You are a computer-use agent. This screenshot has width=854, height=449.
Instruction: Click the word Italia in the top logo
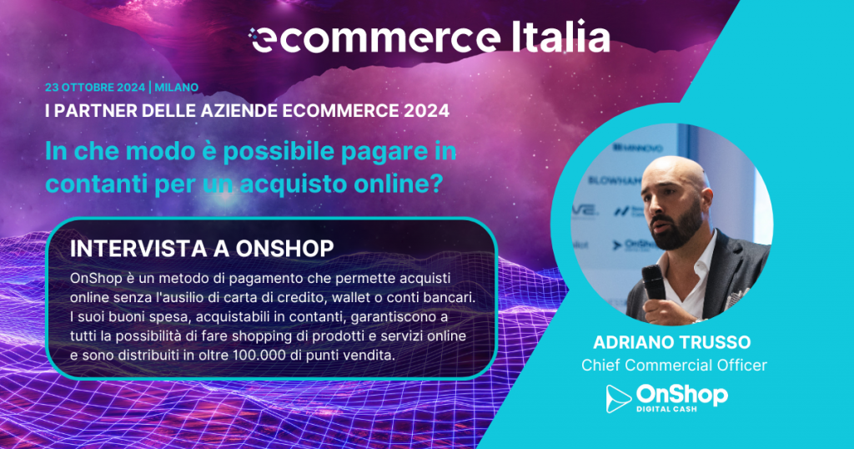point(560,37)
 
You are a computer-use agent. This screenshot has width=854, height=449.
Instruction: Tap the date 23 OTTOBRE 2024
point(95,87)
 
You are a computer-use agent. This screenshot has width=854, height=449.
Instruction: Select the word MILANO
point(177,87)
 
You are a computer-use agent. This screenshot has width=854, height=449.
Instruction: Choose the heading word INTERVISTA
point(138,249)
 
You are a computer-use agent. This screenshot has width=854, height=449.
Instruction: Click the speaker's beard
point(676,229)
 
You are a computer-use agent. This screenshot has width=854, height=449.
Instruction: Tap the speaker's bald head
point(674,169)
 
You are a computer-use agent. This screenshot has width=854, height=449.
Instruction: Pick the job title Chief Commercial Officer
point(674,365)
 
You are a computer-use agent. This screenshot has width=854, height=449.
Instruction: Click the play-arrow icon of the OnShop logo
point(618,398)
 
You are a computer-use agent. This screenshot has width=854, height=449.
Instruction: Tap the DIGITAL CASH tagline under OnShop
point(666,409)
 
